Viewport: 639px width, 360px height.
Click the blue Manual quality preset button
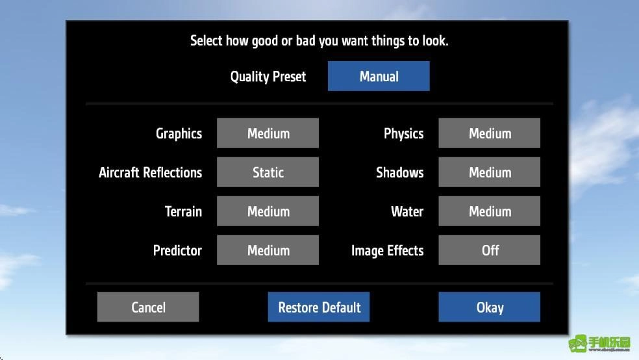379,76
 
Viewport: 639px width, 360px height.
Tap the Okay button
490,307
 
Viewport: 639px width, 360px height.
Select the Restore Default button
319,307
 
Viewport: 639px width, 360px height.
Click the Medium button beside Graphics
268,133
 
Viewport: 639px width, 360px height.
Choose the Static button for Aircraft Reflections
268,172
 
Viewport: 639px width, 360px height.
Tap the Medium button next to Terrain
268,211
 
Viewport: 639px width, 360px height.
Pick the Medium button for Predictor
268,250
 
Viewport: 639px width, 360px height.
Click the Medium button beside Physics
490,133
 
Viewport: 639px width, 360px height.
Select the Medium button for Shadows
490,172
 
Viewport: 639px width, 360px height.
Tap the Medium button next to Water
490,211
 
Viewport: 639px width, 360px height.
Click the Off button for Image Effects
490,250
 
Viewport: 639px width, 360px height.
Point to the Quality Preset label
268,77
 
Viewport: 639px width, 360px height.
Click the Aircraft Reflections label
151,172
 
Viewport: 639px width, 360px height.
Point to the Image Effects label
387,251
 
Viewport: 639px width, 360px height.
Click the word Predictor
177,250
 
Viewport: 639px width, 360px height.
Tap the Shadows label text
400,172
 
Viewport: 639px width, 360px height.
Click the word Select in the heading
207,40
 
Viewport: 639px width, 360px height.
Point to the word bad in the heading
305,40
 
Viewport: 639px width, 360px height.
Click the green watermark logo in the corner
599,344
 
